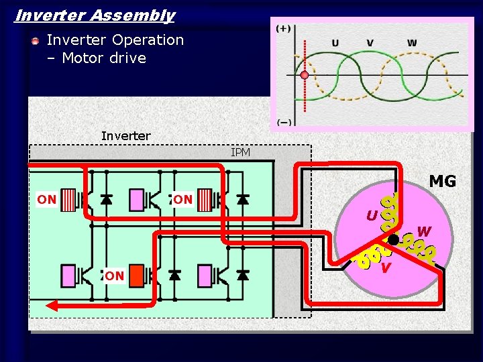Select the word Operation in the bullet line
147,40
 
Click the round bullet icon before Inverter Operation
35,41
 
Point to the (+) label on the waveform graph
284,28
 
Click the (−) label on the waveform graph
284,122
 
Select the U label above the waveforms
335,43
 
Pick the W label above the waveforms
411,43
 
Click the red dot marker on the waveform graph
305,75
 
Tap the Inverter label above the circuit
125,136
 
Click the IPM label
240,153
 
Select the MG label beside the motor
442,182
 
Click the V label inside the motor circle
385,268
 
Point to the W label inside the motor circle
424,232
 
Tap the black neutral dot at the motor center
393,239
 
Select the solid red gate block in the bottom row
136,276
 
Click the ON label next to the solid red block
114,276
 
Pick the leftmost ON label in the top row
46,199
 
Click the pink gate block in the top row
136,199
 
